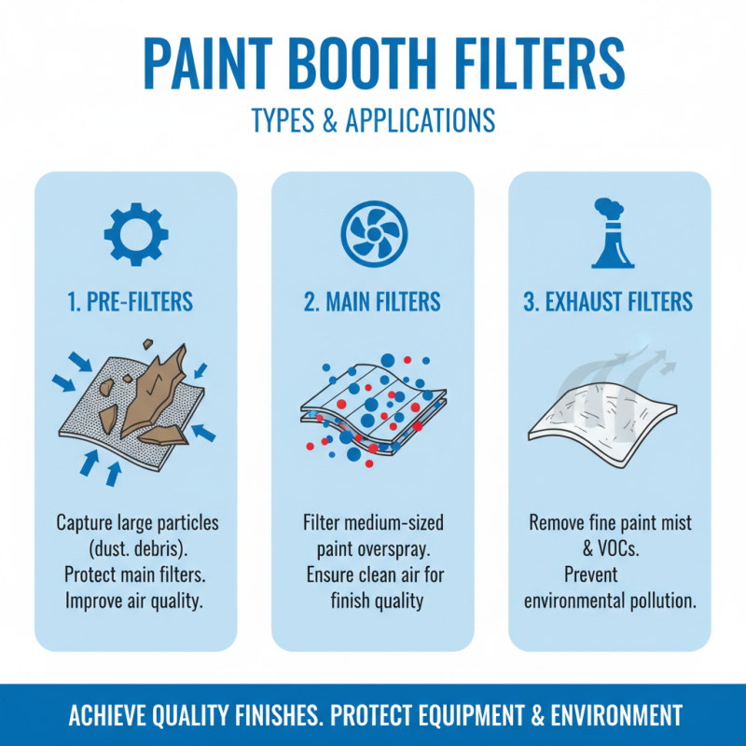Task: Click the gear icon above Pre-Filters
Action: pos(135,233)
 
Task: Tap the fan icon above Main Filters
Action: pos(372,233)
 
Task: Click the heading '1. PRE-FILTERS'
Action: pos(136,302)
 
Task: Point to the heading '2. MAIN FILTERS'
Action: pos(372,302)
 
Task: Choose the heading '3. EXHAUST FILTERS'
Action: pos(609,302)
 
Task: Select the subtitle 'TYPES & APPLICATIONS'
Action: pos(372,120)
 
